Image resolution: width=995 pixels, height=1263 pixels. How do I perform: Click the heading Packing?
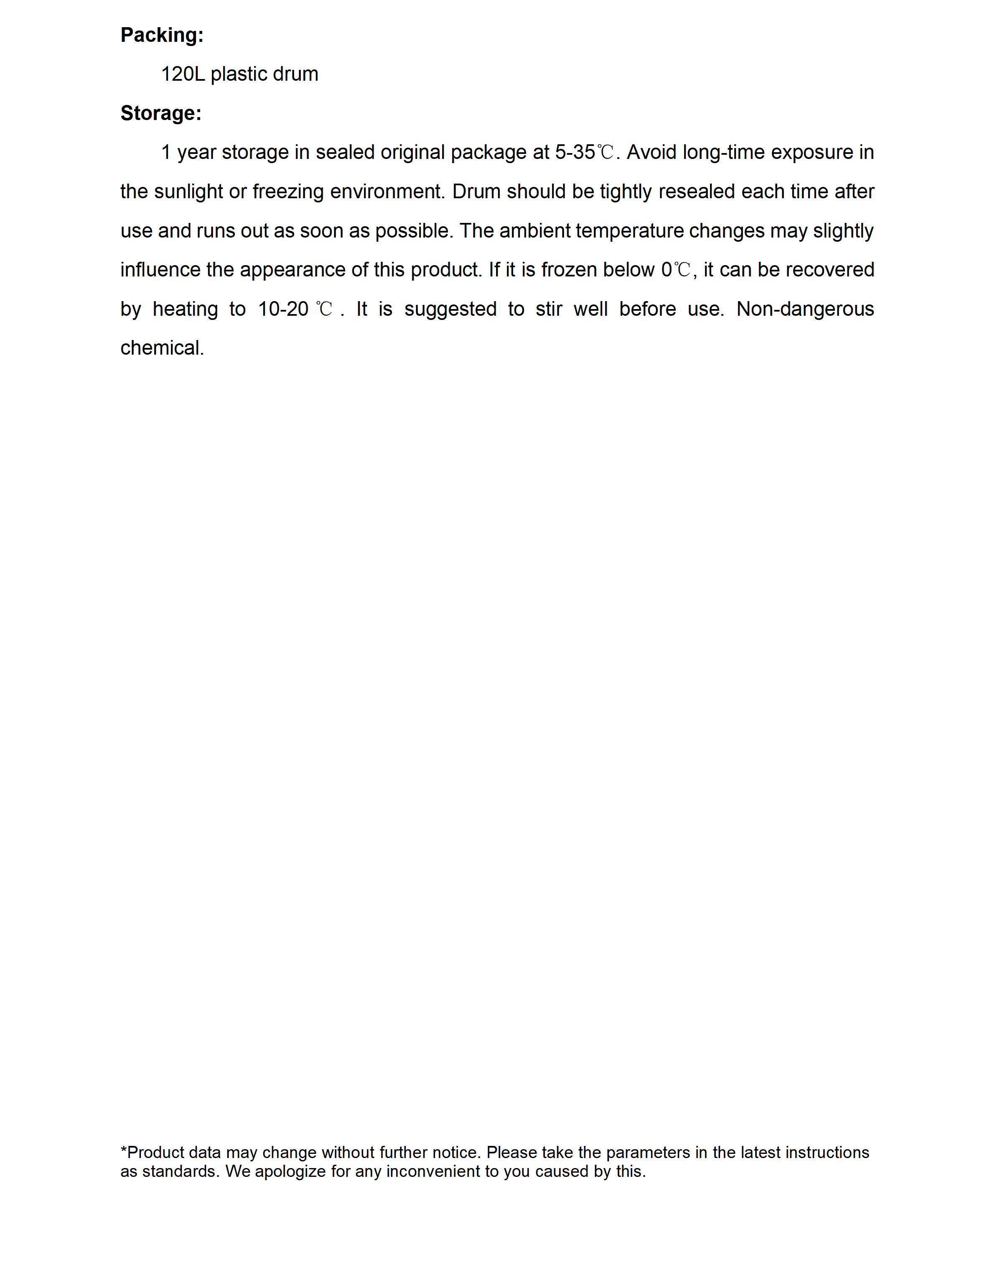(x=161, y=36)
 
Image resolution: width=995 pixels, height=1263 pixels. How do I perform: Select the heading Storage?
(x=161, y=113)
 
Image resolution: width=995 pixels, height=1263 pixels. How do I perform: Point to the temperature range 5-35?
(x=575, y=152)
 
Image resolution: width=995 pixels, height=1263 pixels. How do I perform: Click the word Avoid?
(x=651, y=152)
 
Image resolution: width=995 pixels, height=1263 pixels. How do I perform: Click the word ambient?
(x=535, y=231)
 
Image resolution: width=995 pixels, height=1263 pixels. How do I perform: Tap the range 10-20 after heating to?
(x=283, y=309)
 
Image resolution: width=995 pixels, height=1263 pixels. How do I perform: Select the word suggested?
(x=450, y=309)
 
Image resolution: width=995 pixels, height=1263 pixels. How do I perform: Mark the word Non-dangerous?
(x=805, y=309)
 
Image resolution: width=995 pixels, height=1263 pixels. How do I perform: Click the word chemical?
(x=161, y=348)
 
